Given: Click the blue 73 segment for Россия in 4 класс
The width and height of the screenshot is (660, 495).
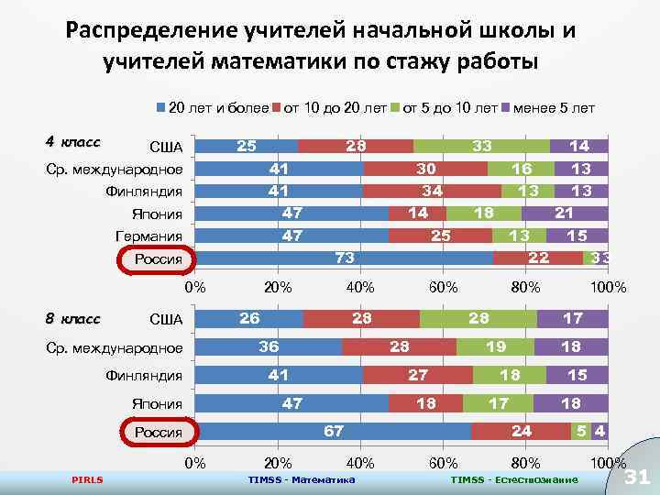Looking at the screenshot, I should click(x=345, y=258).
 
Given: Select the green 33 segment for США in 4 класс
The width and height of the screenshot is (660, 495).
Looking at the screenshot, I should click(x=481, y=146).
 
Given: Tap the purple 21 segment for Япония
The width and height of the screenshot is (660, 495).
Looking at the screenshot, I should click(x=565, y=214).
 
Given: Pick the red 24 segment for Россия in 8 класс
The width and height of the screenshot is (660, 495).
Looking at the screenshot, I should click(x=521, y=432).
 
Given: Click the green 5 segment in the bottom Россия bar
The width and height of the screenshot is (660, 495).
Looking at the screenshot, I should click(x=580, y=432).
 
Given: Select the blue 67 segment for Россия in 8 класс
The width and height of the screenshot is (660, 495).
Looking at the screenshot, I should click(x=335, y=432).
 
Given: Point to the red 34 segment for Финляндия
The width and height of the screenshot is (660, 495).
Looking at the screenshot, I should click(x=432, y=191).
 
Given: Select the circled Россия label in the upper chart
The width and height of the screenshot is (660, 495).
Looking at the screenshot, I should click(x=158, y=259).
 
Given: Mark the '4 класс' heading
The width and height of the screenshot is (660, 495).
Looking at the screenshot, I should click(x=72, y=142).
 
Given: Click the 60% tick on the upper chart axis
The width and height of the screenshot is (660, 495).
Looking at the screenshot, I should click(x=444, y=287).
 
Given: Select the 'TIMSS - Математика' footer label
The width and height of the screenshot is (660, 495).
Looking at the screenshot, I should click(x=302, y=479).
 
